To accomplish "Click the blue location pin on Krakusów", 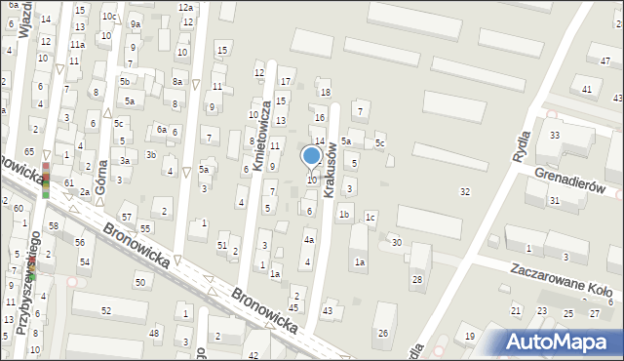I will (312, 156).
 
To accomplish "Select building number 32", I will (465, 191).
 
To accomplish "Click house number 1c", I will (370, 217).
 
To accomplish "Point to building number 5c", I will (380, 144).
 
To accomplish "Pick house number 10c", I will (110, 17).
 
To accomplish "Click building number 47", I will (605, 61).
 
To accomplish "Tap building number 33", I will (555, 134).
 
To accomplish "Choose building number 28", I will (416, 280).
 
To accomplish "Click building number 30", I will (396, 242).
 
